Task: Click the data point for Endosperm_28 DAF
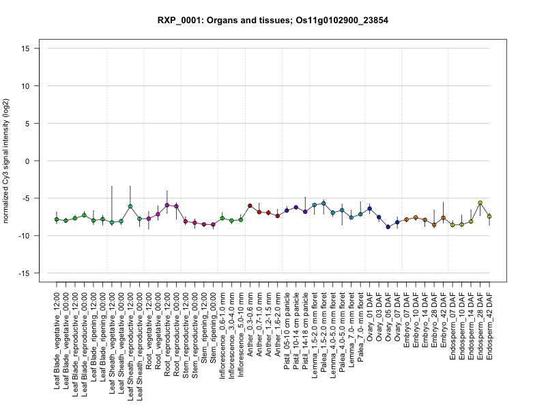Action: (480, 203)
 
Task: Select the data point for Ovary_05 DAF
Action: (388, 227)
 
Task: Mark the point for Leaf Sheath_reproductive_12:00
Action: (130, 206)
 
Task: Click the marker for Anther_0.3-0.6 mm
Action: (250, 206)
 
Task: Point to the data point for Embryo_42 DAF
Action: (444, 218)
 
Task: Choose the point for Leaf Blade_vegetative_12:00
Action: (57, 219)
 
